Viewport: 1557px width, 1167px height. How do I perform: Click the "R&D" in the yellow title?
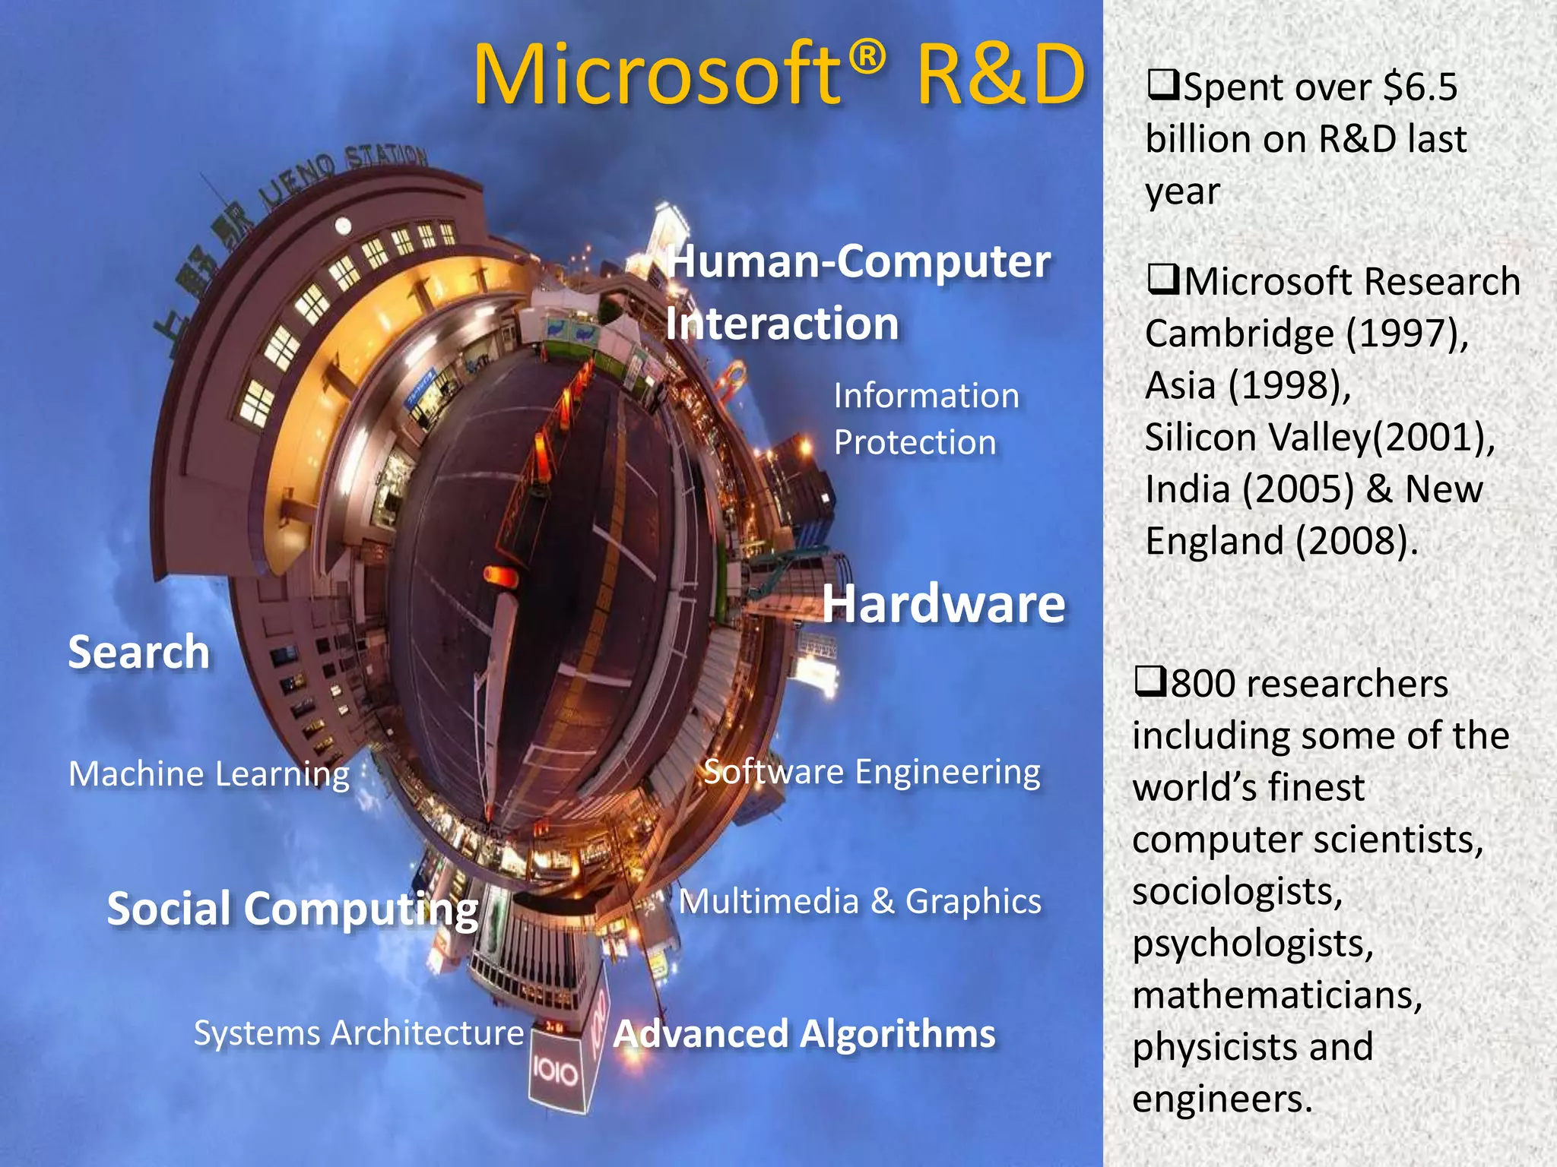click(1000, 75)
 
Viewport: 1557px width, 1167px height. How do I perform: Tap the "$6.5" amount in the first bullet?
click(1419, 87)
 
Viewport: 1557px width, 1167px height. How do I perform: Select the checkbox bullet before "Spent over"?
click(1162, 84)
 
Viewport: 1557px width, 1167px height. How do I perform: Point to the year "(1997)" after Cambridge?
click(1406, 334)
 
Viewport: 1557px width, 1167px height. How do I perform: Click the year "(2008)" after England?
click(1356, 541)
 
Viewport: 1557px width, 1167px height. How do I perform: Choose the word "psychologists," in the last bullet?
click(1252, 944)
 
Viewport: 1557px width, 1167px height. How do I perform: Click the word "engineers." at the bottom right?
click(1222, 1099)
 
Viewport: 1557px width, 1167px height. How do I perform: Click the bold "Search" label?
click(139, 652)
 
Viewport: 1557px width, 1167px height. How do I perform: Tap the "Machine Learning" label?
click(209, 774)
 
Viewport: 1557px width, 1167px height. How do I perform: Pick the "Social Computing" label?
click(293, 909)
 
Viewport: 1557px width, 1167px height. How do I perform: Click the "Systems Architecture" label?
click(359, 1033)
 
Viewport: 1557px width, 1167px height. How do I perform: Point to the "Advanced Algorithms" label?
click(804, 1034)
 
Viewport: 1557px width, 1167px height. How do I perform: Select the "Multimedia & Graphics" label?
click(859, 902)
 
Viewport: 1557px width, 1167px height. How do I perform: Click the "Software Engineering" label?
click(871, 773)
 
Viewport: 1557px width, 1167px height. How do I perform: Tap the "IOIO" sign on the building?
click(555, 1072)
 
